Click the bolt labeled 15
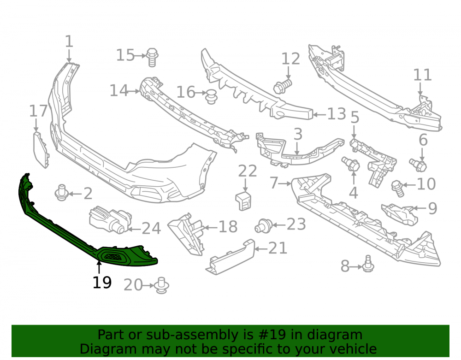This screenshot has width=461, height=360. click(x=152, y=57)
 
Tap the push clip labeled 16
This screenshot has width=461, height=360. click(x=211, y=97)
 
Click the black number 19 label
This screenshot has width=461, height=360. click(x=102, y=283)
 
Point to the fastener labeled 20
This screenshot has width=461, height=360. click(x=161, y=285)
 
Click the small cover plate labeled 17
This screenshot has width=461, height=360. click(x=41, y=150)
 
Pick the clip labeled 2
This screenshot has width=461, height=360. click(x=62, y=193)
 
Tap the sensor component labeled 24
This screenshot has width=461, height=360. click(x=111, y=220)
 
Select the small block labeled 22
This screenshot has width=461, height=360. click(x=243, y=201)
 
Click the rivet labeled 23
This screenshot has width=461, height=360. click(x=263, y=226)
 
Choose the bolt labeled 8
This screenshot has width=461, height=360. click(x=368, y=264)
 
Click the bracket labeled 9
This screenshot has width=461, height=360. click(x=399, y=214)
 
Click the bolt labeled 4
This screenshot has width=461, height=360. click(x=350, y=164)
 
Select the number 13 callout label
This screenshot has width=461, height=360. click(x=337, y=114)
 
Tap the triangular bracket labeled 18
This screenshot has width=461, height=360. click(x=186, y=234)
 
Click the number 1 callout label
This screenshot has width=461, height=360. click(x=69, y=41)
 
